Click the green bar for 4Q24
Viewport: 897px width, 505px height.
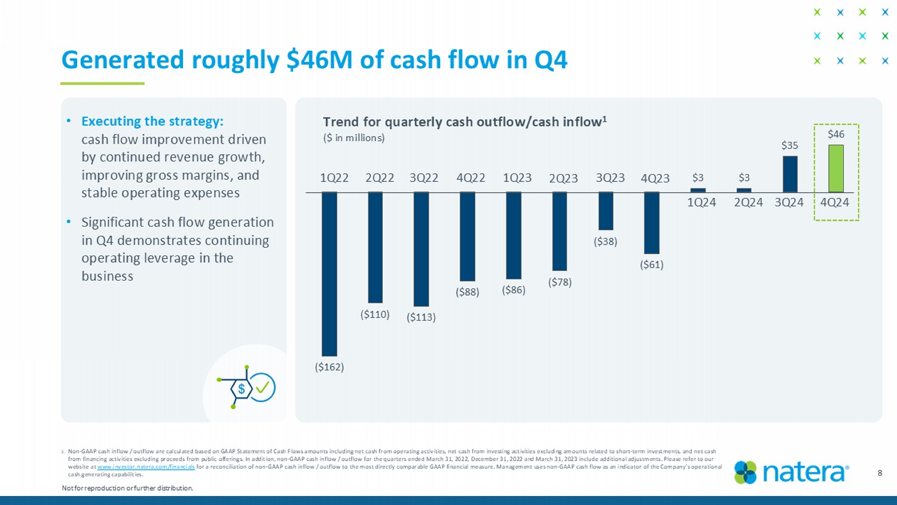(x=835, y=168)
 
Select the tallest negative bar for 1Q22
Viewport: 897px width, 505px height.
(x=329, y=273)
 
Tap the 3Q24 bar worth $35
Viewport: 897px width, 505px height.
(x=790, y=174)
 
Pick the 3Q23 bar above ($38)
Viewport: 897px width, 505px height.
(x=606, y=211)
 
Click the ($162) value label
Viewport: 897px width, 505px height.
(x=329, y=367)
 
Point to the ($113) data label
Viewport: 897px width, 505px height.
(x=421, y=317)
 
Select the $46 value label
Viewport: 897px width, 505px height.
(x=835, y=134)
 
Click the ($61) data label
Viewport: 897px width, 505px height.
(x=652, y=264)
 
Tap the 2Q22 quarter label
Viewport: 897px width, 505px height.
(x=380, y=178)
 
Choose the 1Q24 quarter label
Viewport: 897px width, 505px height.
(x=701, y=202)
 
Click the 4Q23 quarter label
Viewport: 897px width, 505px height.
(x=655, y=178)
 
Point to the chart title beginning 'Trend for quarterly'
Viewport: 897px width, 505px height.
(x=465, y=122)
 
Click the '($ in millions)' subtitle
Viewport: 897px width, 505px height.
(x=353, y=138)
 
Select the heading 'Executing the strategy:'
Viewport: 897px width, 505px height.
(x=152, y=121)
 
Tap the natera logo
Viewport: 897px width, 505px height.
(x=791, y=472)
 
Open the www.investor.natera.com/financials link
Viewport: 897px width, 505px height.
(x=146, y=467)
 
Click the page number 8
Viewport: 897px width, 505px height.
(x=880, y=473)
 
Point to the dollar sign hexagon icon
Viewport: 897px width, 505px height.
(x=242, y=389)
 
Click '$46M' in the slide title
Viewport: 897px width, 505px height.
(x=320, y=60)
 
